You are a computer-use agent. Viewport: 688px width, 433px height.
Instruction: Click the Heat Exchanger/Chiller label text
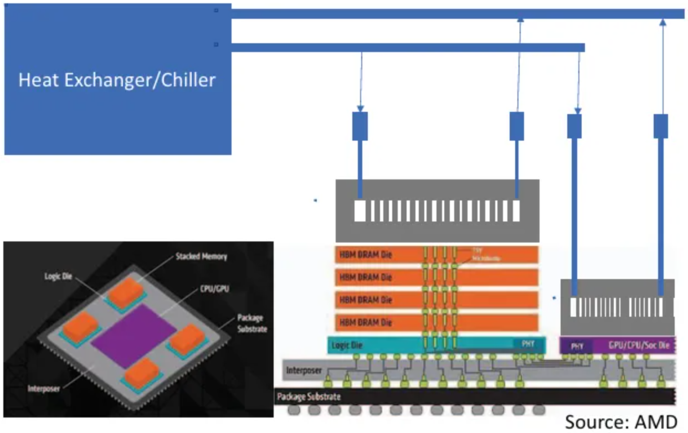point(117,80)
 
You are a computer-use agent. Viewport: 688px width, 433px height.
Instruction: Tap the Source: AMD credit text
point(621,422)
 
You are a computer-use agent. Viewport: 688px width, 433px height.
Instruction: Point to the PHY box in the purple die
point(577,346)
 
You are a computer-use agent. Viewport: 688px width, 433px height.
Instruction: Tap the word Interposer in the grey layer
point(304,369)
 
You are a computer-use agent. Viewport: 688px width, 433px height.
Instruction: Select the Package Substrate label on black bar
point(309,396)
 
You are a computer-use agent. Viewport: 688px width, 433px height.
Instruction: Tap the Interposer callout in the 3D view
point(44,388)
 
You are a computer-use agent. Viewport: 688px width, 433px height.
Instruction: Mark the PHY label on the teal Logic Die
point(528,344)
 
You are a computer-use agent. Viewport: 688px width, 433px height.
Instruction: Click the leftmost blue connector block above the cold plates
point(360,126)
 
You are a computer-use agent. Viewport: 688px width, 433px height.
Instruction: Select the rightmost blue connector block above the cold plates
point(661,126)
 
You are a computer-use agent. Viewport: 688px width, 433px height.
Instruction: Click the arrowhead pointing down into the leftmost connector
point(360,109)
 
